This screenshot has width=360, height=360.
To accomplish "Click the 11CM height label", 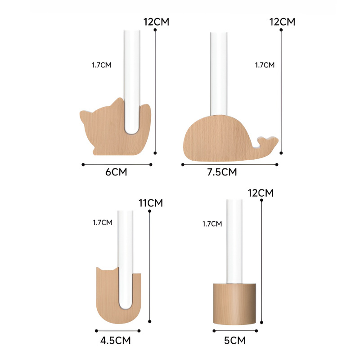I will (150, 203).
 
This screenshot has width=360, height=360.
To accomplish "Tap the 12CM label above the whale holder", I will (282, 22).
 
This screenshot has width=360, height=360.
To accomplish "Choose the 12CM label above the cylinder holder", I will (261, 193).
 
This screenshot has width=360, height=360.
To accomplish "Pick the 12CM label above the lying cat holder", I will (156, 22).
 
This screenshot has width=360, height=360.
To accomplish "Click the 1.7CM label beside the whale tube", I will (264, 65).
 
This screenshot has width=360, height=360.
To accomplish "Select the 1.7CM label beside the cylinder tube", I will (212, 224).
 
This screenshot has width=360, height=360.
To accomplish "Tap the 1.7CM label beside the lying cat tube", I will (101, 65).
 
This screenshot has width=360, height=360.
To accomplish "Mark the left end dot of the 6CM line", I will (83, 164).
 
